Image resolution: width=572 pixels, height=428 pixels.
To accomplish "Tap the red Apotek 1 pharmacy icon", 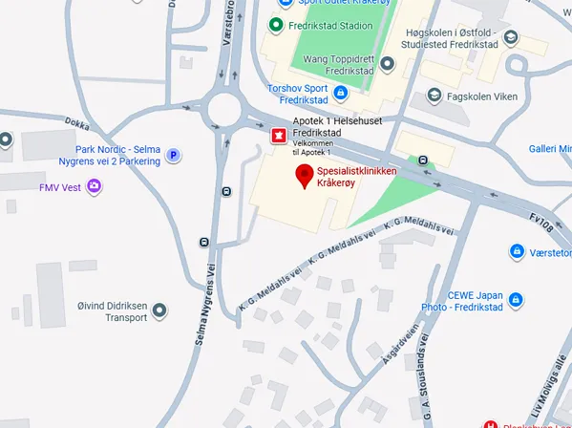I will pyautogui.click(x=278, y=135).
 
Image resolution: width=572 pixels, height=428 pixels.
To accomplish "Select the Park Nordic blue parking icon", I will pyautogui.click(x=173, y=155).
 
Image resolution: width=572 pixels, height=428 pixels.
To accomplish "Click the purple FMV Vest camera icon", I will pyautogui.click(x=94, y=187).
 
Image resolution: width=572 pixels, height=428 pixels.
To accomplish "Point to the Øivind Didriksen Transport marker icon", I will pyautogui.click(x=159, y=310).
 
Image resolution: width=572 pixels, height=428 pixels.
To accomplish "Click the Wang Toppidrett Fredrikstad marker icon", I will pyautogui.click(x=388, y=64).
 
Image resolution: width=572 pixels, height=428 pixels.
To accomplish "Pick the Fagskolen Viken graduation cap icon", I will pyautogui.click(x=434, y=96).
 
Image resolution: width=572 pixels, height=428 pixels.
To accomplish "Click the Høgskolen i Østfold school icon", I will pyautogui.click(x=511, y=38).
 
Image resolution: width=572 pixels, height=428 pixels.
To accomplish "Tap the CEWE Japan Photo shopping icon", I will pyautogui.click(x=516, y=299).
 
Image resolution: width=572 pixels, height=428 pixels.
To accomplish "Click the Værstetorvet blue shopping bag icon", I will pyautogui.click(x=517, y=251).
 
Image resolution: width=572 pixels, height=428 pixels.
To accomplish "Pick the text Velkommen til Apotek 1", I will pyautogui.click(x=312, y=148).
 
